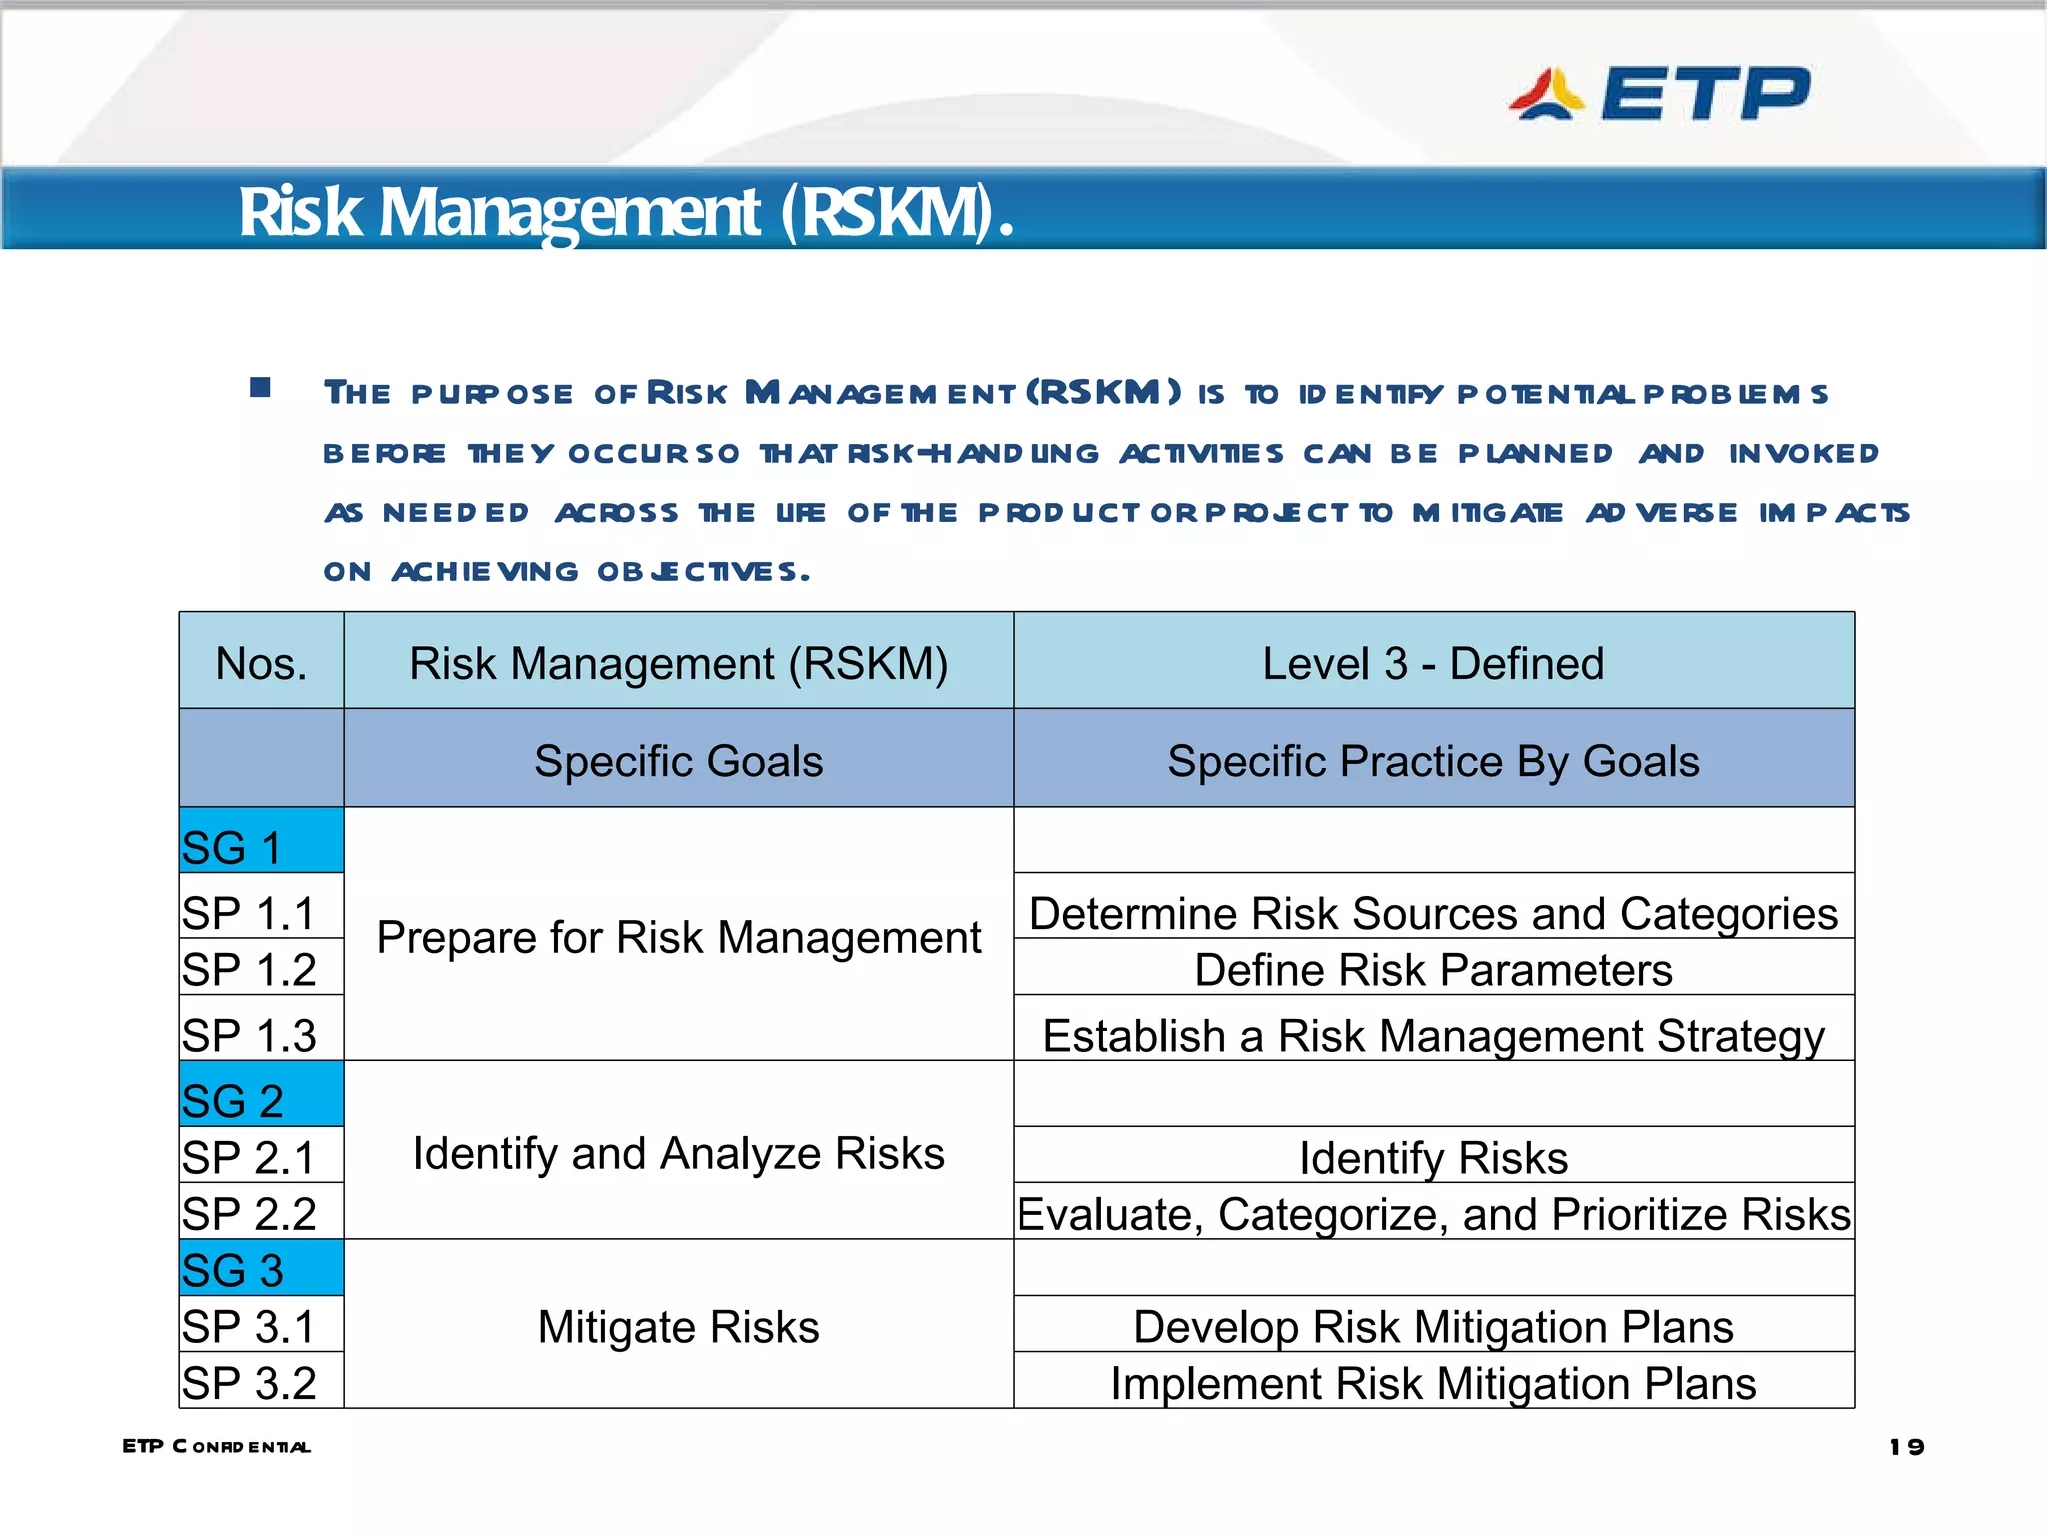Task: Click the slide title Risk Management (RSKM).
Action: (x=626, y=212)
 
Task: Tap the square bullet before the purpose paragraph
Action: (x=261, y=387)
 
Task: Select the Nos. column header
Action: (x=261, y=663)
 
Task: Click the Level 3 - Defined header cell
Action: (x=1433, y=663)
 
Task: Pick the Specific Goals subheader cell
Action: (x=678, y=761)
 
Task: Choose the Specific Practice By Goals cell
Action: (x=1433, y=761)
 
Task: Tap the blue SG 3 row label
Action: (x=261, y=1269)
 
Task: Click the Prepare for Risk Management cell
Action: (x=678, y=937)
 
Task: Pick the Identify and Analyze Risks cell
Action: (x=678, y=1153)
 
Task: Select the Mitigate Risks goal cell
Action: (x=678, y=1327)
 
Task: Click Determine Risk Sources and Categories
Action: (x=1433, y=912)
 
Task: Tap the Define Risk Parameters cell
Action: (x=1433, y=969)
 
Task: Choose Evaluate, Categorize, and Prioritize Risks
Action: (x=1433, y=1214)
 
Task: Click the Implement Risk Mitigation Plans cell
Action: (x=1433, y=1383)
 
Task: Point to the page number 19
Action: (x=1906, y=1446)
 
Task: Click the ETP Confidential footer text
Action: (x=216, y=1446)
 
